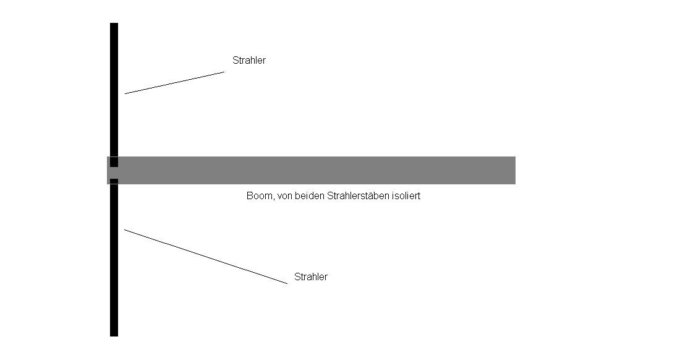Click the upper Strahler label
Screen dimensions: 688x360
tap(248, 60)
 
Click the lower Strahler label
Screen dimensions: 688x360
tap(311, 276)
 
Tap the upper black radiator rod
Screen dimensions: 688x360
tap(114, 95)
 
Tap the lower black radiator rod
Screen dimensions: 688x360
tap(114, 258)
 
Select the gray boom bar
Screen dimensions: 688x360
tap(311, 170)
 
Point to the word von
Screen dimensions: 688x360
tap(285, 196)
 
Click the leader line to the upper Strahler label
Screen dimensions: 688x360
tap(175, 82)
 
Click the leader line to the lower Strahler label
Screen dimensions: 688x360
tap(206, 256)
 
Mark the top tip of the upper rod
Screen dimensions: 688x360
tap(114, 24)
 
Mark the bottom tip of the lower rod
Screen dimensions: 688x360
tap(114, 336)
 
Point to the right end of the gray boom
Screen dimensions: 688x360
tap(515, 170)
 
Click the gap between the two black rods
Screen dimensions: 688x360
tap(114, 173)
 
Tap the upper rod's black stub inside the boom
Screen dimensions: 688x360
tap(114, 162)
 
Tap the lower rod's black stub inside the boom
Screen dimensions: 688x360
tap(114, 181)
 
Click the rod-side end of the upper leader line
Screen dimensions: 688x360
tap(125, 93)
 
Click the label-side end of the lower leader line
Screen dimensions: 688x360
tap(287, 284)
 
